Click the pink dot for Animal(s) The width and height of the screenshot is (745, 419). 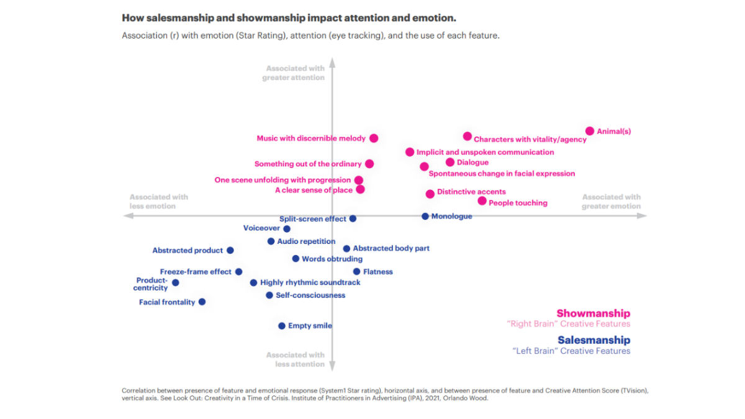[590, 131]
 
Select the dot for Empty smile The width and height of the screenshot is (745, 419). [281, 326]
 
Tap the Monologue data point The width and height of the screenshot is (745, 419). [425, 216]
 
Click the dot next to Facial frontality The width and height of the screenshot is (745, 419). [202, 302]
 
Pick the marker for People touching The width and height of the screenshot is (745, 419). [482, 201]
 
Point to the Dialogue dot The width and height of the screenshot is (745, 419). [450, 163]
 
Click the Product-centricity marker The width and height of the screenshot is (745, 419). [175, 282]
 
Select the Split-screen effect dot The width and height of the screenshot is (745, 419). [353, 219]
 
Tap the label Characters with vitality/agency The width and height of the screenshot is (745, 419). [530, 140]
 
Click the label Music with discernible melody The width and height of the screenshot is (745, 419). [311, 138]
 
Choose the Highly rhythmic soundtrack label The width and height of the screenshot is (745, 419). [310, 282]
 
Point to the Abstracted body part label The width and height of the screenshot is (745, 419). [391, 248]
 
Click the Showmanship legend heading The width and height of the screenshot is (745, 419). [593, 313]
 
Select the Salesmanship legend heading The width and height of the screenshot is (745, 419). [594, 340]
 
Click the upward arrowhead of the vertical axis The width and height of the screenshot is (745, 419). [332, 62]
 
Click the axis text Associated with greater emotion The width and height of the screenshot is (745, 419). [611, 202]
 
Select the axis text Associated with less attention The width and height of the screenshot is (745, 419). [296, 359]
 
